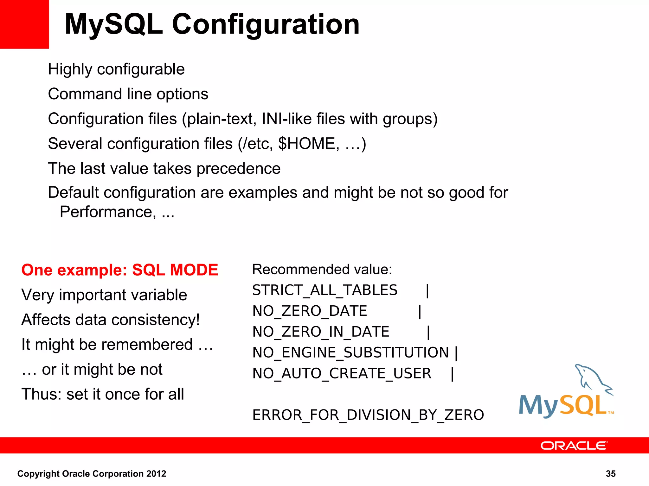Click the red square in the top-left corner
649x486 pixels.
[x=24, y=24]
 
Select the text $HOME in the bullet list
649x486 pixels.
[x=306, y=144]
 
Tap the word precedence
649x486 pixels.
[x=238, y=168]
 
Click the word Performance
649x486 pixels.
[x=108, y=212]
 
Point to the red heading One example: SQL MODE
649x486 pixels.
[x=120, y=270]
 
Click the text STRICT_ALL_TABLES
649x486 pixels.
[x=324, y=290]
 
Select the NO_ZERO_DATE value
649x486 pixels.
[x=310, y=311]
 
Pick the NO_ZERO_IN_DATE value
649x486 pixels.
[x=321, y=332]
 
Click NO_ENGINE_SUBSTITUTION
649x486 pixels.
[x=350, y=352]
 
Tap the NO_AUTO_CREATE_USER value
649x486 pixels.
[x=342, y=373]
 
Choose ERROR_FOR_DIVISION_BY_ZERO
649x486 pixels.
[x=368, y=415]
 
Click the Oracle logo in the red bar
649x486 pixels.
[x=574, y=445]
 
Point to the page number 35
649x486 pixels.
[x=610, y=474]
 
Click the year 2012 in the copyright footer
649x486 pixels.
[x=156, y=474]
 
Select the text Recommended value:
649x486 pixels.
[x=322, y=270]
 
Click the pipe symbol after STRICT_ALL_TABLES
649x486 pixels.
[x=427, y=290]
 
